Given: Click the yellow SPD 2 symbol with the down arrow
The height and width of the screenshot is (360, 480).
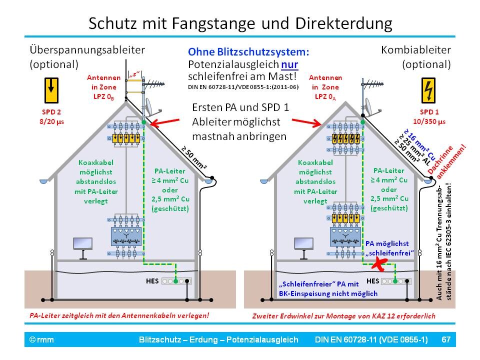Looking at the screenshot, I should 50,88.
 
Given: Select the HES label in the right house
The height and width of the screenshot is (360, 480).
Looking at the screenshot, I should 373,280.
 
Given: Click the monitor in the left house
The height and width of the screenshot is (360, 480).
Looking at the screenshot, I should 82,244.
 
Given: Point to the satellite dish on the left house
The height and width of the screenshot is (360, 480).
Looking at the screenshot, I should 150,105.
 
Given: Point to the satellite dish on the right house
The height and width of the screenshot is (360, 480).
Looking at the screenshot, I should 371,104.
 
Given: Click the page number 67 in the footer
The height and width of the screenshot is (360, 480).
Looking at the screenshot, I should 446,340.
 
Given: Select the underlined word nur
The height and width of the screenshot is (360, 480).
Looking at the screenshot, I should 288,64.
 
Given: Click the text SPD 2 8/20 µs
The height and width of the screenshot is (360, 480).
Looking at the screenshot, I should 50,116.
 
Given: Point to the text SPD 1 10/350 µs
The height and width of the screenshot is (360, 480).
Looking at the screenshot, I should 430,116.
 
